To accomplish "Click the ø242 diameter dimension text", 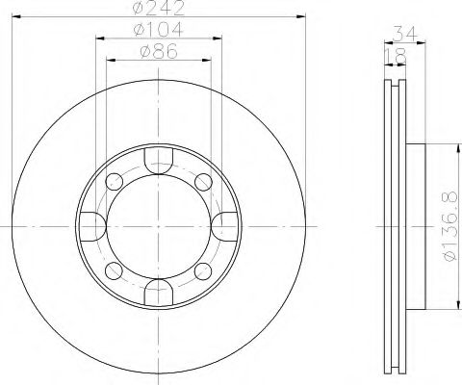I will pyautogui.click(x=161, y=8).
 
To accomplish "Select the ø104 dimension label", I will pyautogui.click(x=161, y=32).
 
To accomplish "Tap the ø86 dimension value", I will pyautogui.click(x=161, y=54).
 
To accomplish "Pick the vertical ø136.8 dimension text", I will pyautogui.click(x=448, y=227).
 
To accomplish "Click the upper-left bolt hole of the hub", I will pyautogui.click(x=115, y=181).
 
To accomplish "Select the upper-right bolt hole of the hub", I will pyautogui.click(x=204, y=181).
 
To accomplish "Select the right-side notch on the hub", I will pyautogui.click(x=225, y=225).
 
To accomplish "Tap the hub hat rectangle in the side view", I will pyautogui.click(x=415, y=225).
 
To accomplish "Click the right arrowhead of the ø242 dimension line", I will pyautogui.click(x=301, y=15).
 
